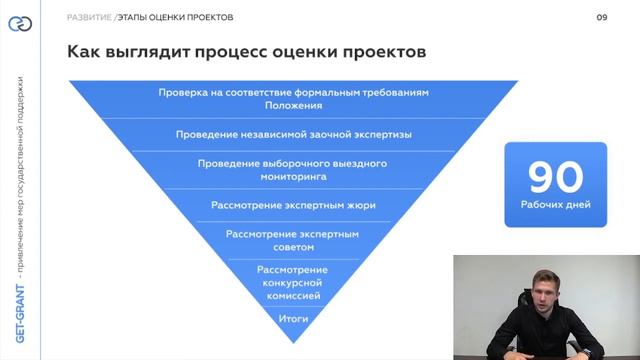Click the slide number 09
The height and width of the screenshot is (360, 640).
[602, 17]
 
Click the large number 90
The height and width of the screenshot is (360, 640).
[555, 177]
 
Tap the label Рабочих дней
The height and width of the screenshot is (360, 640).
[555, 205]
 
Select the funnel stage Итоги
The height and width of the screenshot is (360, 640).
[293, 319]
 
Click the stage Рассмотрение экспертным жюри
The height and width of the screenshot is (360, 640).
[293, 205]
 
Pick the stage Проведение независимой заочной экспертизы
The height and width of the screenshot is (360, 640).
[293, 133]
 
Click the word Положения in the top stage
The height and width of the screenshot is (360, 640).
[293, 104]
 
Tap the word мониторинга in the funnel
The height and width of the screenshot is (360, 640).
[293, 176]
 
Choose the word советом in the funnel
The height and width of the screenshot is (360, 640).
[293, 247]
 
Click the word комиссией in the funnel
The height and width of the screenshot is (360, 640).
[293, 296]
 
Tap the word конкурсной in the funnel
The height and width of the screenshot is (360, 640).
[293, 283]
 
